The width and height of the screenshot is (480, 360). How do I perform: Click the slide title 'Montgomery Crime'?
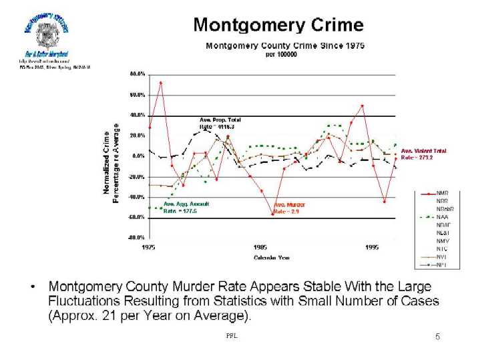278,25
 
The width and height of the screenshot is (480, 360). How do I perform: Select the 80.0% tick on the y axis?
137,74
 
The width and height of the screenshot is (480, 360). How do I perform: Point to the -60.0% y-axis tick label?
136,217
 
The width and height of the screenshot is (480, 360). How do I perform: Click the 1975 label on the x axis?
149,247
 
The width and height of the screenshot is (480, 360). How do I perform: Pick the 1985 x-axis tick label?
260,247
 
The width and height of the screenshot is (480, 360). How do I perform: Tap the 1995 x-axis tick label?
373,247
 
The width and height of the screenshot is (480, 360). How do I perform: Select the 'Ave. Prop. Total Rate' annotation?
216,123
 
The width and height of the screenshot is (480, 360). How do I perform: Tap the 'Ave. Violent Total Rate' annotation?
423,154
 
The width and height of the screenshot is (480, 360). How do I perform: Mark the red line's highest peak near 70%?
160,83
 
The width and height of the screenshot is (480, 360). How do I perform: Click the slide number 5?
437,337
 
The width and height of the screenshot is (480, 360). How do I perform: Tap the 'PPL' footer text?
232,336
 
